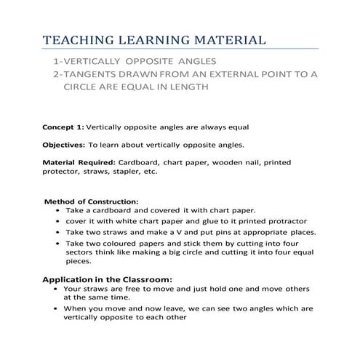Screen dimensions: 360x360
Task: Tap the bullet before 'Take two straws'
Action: [57, 232]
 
